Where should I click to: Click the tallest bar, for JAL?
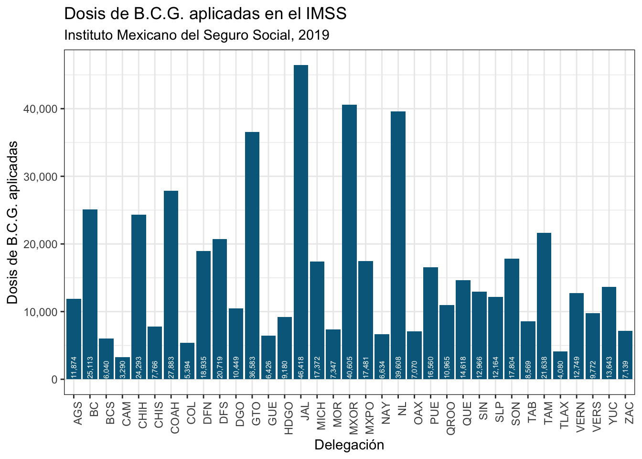click(x=301, y=222)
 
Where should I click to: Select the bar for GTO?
click(x=252, y=256)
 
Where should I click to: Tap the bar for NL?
click(x=398, y=245)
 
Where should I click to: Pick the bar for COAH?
click(x=171, y=285)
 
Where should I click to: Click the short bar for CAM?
click(x=122, y=368)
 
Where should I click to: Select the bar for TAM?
click(x=544, y=306)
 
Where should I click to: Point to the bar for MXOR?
click(x=350, y=242)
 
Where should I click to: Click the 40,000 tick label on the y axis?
click(x=41, y=109)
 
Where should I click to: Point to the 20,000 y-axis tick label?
click(x=41, y=244)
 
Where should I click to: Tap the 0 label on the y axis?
click(x=54, y=380)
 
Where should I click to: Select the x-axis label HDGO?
click(x=289, y=418)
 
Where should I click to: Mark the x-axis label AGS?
click(x=78, y=414)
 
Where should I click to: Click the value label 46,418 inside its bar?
click(x=301, y=368)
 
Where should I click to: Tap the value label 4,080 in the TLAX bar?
click(x=560, y=370)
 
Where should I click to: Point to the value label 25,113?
click(x=90, y=368)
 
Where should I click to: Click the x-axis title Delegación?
click(x=349, y=445)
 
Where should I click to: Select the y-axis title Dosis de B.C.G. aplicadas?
click(x=12, y=223)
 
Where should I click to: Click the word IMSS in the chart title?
click(x=326, y=13)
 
